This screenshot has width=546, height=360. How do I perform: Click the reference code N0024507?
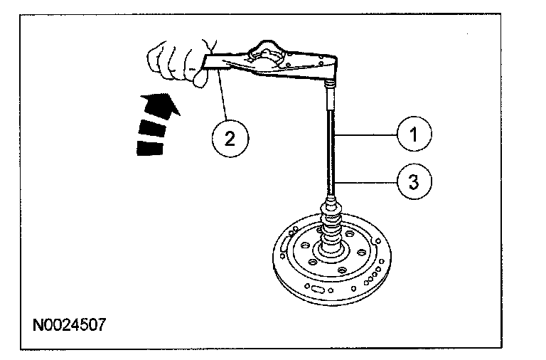pos(70,327)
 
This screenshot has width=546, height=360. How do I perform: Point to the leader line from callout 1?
pos(366,133)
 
